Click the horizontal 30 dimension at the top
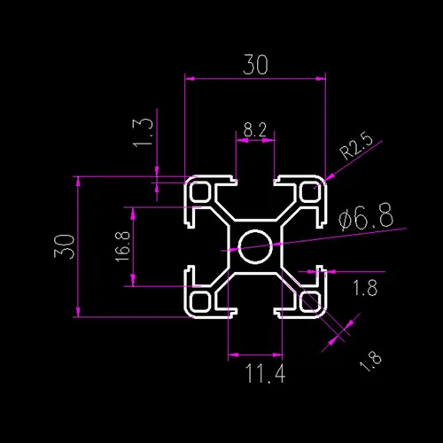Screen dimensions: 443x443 (255, 65)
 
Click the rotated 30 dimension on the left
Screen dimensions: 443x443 (64, 246)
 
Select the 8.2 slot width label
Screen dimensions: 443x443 (255, 129)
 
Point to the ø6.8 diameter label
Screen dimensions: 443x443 (366, 217)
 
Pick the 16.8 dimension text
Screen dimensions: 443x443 (122, 246)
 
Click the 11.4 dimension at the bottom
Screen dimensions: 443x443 (265, 373)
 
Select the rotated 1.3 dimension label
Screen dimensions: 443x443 (144, 133)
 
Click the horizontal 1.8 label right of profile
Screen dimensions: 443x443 (365, 288)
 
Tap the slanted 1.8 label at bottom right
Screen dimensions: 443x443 (370, 361)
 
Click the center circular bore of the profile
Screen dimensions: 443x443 (255, 246)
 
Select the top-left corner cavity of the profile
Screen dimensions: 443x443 (200, 192)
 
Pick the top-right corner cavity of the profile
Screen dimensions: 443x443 (311, 192)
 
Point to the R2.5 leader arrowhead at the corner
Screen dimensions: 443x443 (330, 177)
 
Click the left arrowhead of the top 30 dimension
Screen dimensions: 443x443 (190, 79)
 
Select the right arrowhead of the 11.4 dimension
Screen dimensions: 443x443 (277, 354)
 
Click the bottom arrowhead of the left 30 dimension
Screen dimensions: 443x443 (78, 311)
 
